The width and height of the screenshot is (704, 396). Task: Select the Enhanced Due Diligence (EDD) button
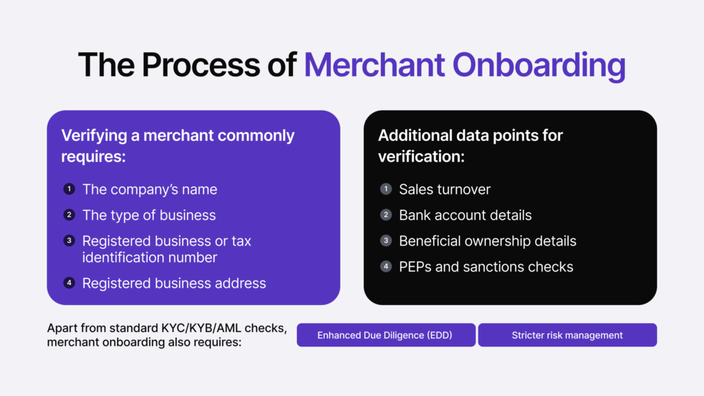click(386, 335)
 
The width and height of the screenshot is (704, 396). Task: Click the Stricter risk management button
click(567, 335)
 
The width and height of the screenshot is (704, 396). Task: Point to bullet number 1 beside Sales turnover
click(386, 189)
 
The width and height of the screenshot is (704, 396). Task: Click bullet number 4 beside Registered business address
click(69, 283)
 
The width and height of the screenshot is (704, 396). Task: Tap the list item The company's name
click(149, 189)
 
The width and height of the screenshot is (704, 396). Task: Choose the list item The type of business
click(148, 215)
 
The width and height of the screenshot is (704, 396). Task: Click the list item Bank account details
click(465, 215)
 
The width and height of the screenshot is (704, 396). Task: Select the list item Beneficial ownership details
click(487, 241)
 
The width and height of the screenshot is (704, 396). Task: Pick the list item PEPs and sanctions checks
click(485, 267)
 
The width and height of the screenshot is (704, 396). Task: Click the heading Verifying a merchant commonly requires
click(177, 145)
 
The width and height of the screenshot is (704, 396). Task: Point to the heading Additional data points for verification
click(470, 145)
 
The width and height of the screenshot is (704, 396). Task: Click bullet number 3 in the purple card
click(69, 241)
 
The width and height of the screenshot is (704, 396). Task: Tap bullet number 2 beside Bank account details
click(386, 215)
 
